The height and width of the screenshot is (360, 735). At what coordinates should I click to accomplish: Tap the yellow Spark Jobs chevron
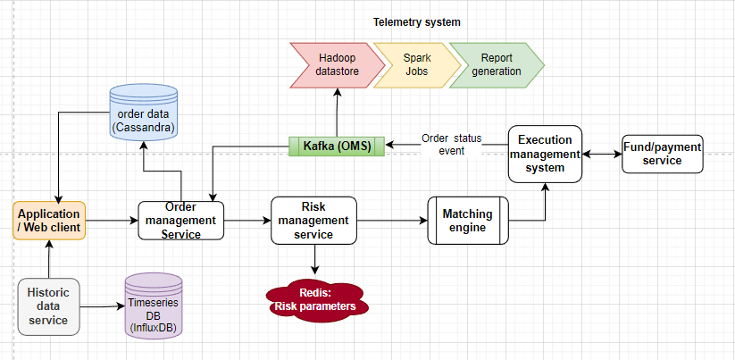point(410,64)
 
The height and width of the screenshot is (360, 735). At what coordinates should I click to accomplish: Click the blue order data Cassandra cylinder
point(144,113)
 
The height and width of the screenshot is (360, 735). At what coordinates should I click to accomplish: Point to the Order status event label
point(451,145)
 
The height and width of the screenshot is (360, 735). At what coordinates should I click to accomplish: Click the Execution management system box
point(545,154)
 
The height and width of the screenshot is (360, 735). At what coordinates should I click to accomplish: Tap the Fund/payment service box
point(661,154)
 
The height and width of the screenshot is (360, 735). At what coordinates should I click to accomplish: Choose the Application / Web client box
point(50,220)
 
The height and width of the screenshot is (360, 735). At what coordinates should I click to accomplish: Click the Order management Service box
point(181,220)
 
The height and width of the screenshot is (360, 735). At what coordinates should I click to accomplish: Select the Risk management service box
point(313,220)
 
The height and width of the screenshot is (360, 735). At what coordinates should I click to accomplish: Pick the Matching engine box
point(469,220)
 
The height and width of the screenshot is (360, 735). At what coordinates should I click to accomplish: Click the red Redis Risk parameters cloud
point(313,299)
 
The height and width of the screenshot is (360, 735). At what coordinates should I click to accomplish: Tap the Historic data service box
point(49,306)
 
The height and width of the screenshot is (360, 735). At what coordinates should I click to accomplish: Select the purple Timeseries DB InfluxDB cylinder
point(154,305)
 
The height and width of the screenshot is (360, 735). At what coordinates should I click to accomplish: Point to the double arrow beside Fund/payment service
point(602,154)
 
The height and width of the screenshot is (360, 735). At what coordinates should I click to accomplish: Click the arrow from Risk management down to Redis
point(313,259)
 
